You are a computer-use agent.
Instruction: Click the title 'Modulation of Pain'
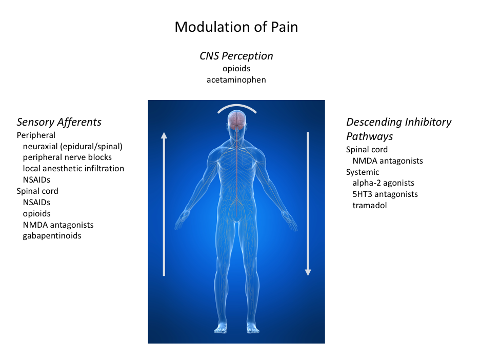[236, 27]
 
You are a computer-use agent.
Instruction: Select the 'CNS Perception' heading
[236, 56]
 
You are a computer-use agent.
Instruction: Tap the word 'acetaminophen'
[236, 80]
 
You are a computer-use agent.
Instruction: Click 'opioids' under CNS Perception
[236, 69]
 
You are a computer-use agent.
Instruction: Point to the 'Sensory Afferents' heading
[59, 122]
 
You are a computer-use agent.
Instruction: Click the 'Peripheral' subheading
[36, 135]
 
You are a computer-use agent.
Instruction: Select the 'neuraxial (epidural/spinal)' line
[72, 146]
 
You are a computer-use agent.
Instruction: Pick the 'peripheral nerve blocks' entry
[67, 157]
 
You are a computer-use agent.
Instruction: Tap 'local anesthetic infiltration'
[73, 168]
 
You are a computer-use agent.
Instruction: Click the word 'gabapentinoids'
[52, 236]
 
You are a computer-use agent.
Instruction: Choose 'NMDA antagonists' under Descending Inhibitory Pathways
[388, 161]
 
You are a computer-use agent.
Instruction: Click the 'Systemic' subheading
[363, 172]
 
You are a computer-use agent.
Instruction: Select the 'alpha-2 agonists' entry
[383, 183]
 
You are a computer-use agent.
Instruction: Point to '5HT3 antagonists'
[385, 194]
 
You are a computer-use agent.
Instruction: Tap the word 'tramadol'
[370, 206]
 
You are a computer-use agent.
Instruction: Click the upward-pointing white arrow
[164, 204]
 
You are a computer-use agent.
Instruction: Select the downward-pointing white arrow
[308, 204]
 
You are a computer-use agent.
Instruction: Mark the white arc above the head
[237, 106]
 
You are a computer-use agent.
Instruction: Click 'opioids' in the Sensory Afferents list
[36, 214]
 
